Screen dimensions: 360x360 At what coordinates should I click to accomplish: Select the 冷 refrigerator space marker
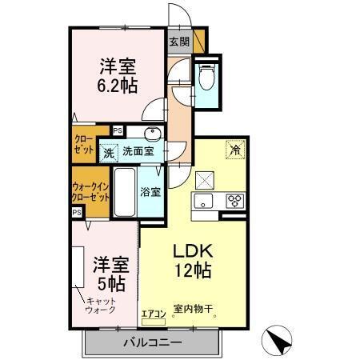point(235,149)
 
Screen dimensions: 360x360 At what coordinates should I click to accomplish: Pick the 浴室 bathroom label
point(150,191)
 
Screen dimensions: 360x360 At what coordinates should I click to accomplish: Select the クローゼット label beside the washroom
point(83,143)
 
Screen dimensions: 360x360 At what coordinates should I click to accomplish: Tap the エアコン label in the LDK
point(154,313)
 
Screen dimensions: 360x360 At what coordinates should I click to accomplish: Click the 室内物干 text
point(192,309)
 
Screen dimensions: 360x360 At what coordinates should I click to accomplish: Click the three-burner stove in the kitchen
point(234,199)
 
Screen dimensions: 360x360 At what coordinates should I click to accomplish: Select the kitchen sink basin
point(202,200)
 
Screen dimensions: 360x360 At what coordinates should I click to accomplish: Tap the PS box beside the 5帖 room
point(76,212)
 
